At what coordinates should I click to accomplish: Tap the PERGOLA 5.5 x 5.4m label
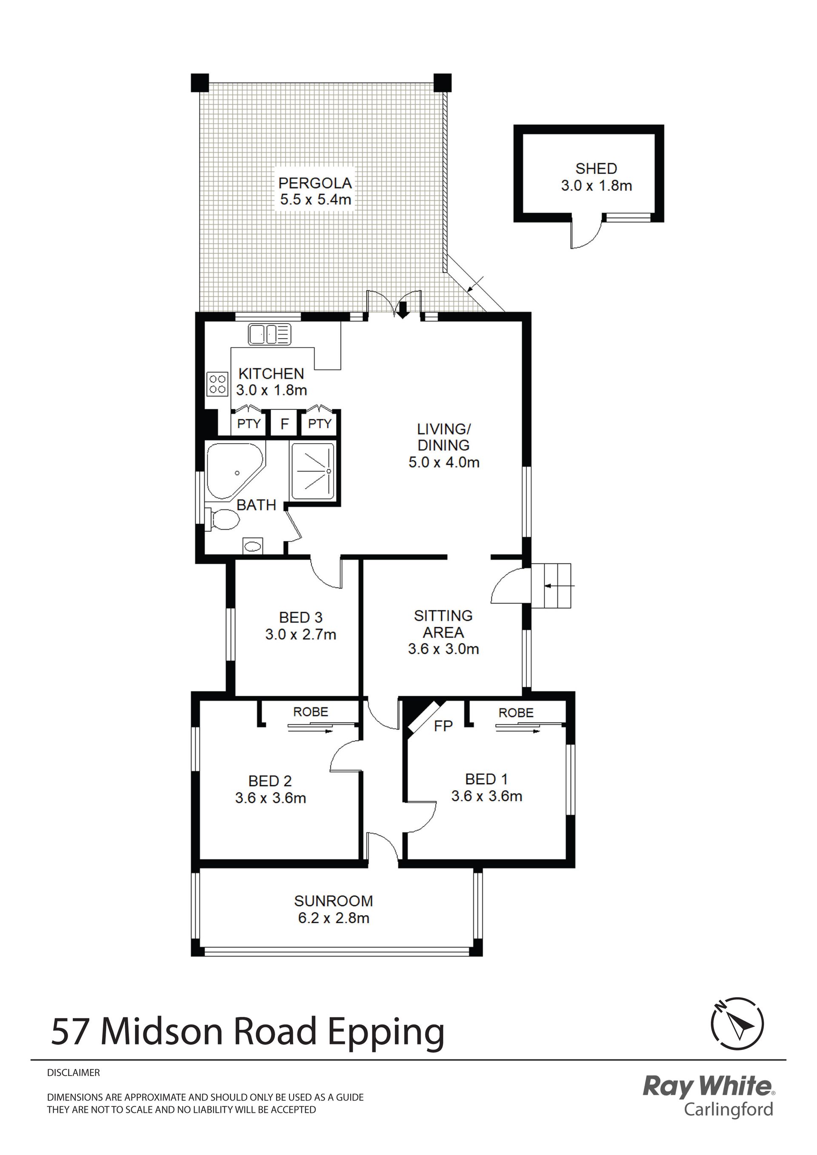[316, 191]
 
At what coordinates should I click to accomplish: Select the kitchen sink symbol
[270, 335]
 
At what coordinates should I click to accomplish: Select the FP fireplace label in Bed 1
[443, 726]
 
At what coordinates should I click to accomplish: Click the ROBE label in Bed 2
[311, 712]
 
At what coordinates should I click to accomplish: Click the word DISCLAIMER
[74, 1072]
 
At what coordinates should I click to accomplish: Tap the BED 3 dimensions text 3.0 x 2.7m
[300, 634]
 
